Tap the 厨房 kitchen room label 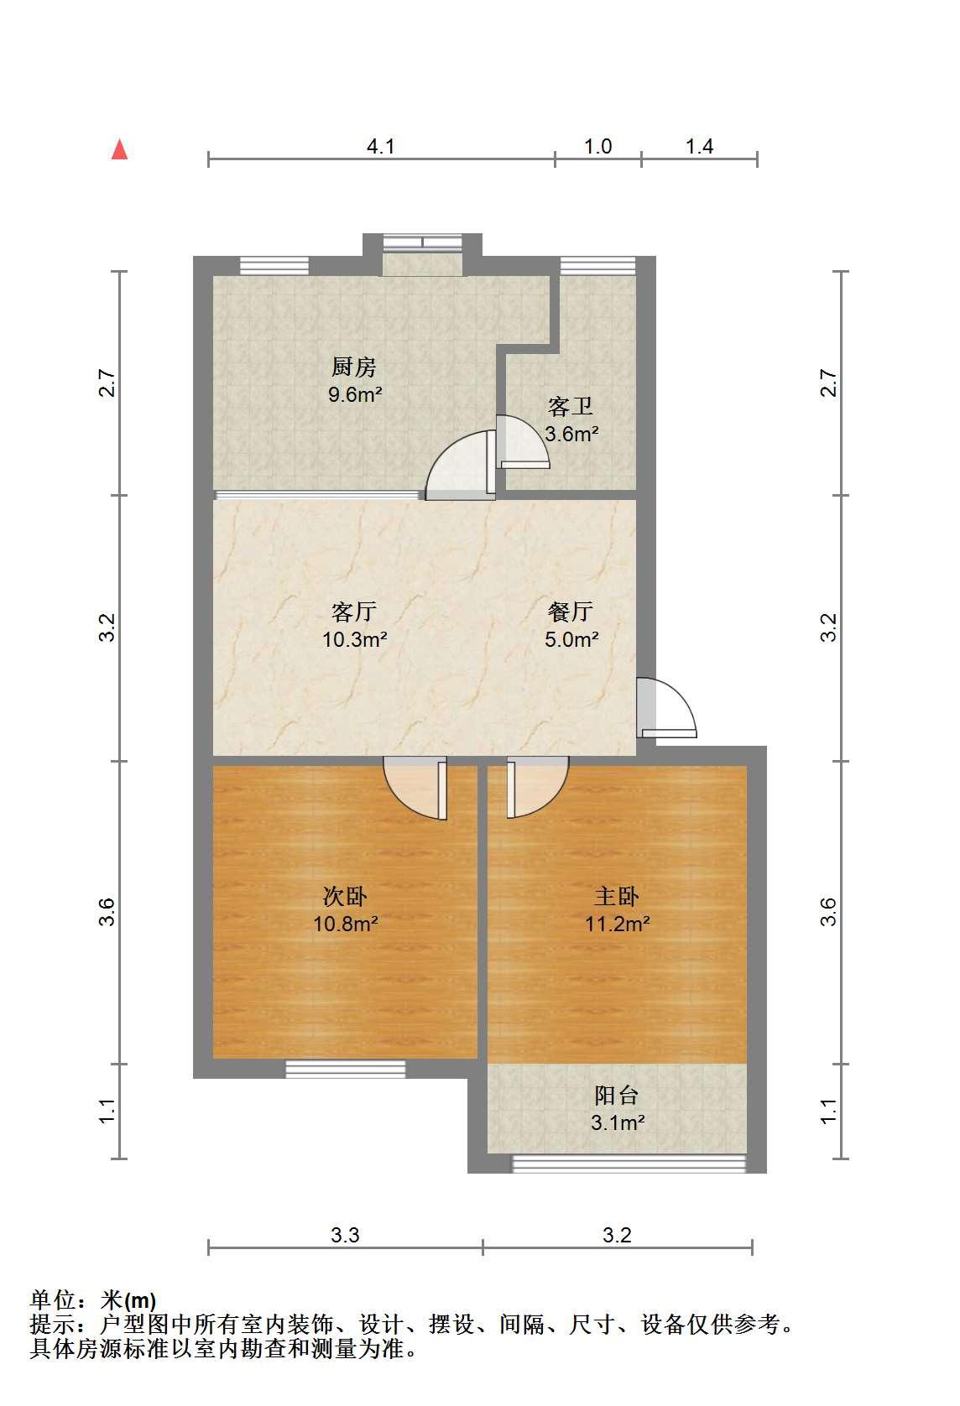(354, 367)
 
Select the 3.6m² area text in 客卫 (571, 434)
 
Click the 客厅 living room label (354, 612)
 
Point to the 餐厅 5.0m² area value (571, 639)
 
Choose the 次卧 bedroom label (345, 896)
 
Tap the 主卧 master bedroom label (617, 896)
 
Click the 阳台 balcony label (617, 1096)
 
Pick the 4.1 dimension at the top (380, 146)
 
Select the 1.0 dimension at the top (597, 146)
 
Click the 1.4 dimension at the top (699, 146)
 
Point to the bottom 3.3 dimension (345, 1235)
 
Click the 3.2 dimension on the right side (829, 627)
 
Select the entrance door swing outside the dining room (667, 707)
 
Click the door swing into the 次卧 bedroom (415, 788)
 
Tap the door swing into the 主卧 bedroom (538, 787)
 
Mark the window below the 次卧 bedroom (346, 1068)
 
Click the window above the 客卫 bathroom (597, 265)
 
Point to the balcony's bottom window (629, 1164)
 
